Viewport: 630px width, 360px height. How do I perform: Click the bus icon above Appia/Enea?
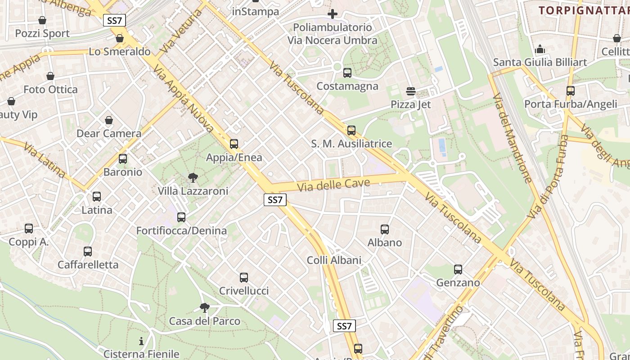pyautogui.click(x=234, y=144)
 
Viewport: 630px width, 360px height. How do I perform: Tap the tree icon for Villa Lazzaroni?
pyautogui.click(x=193, y=178)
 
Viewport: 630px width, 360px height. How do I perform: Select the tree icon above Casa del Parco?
pyautogui.click(x=205, y=308)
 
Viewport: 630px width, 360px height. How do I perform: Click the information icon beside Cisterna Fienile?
pyautogui.click(x=141, y=341)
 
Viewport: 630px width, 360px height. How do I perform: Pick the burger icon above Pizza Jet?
pyautogui.click(x=410, y=91)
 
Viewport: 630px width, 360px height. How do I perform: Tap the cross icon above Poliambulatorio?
pyautogui.click(x=333, y=14)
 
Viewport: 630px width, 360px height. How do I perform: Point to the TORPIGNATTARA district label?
pyautogui.click(x=584, y=10)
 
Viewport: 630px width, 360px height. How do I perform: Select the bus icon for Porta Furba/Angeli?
pyautogui.click(x=571, y=91)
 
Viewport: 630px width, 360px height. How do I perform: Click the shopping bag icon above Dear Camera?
pyautogui.click(x=109, y=120)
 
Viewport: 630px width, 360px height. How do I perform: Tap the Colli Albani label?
pyautogui.click(x=334, y=260)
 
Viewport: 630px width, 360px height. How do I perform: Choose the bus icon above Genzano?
pyautogui.click(x=458, y=270)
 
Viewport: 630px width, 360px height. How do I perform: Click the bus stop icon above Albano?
pyautogui.click(x=385, y=229)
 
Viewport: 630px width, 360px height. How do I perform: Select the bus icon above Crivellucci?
pyautogui.click(x=244, y=278)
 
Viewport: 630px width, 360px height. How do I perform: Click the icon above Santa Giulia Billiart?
pyautogui.click(x=540, y=49)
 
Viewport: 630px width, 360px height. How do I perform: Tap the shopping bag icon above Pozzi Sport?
pyautogui.click(x=42, y=20)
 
